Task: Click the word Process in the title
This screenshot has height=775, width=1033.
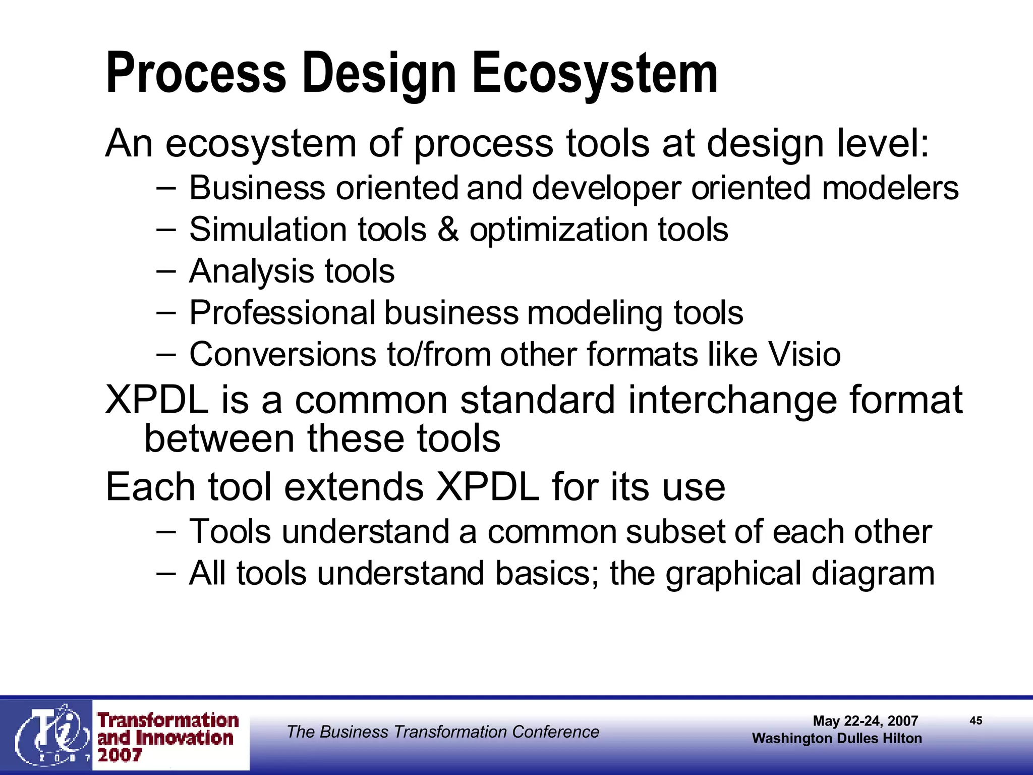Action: [x=196, y=74]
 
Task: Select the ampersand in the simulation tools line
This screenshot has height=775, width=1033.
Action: [x=448, y=230]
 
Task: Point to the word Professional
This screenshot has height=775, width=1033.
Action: [x=282, y=313]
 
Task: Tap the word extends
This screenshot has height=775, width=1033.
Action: [x=354, y=487]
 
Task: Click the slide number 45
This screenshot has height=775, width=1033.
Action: [x=975, y=721]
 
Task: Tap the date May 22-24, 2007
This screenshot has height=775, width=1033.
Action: [x=865, y=721]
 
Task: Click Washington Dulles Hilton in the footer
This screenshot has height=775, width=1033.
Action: [x=836, y=738]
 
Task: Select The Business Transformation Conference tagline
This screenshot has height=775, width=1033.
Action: [x=442, y=732]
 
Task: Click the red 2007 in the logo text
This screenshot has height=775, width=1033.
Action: [x=120, y=755]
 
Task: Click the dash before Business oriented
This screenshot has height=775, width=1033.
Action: [x=166, y=188]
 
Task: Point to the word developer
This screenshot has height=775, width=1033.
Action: [x=606, y=188]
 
